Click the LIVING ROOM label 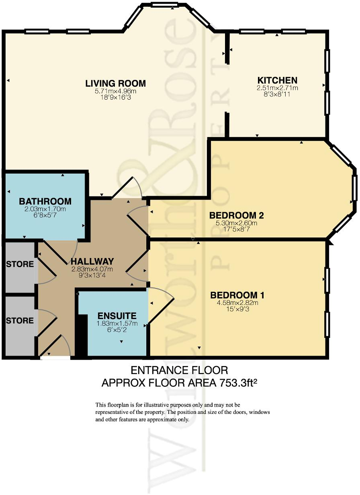pyautogui.click(x=116, y=83)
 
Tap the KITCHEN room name pyautogui.click(x=277, y=80)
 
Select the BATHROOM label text pyautogui.click(x=45, y=201)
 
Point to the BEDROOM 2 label pyautogui.click(x=237, y=215)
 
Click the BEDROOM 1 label pyautogui.click(x=237, y=295)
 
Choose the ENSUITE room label pyautogui.click(x=117, y=315)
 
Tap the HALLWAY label pyautogui.click(x=92, y=262)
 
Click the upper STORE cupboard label pyautogui.click(x=20, y=264)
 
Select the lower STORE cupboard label pyautogui.click(x=20, y=321)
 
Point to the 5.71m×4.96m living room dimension pyautogui.click(x=116, y=91)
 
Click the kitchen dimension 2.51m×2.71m pyautogui.click(x=277, y=88)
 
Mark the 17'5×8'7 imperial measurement pyautogui.click(x=237, y=229)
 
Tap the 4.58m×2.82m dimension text pyautogui.click(x=237, y=303)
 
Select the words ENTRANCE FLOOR pyautogui.click(x=180, y=370)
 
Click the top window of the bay pyautogui.click(x=166, y=4)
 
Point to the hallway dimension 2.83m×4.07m pyautogui.click(x=92, y=269)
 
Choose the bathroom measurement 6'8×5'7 pyautogui.click(x=45, y=215)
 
